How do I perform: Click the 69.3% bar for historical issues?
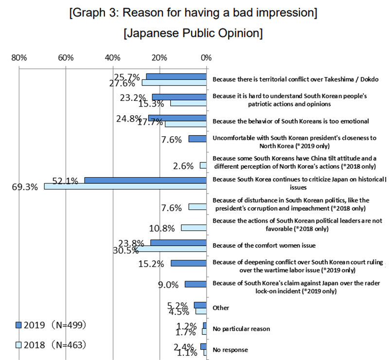[125, 186]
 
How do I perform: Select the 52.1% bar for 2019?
[145, 180]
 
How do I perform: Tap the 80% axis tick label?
[19, 58]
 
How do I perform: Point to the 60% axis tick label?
[66, 58]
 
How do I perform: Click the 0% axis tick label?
[206, 58]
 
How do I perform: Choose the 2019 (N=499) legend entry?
[51, 324]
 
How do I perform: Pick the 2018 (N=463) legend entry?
[51, 345]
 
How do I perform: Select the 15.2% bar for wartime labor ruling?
[189, 263]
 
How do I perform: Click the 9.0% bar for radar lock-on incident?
[195, 284]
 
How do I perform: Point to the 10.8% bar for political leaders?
[194, 228]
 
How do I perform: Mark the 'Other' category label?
[221, 308]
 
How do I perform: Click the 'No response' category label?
[230, 350]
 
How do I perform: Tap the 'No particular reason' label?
[241, 329]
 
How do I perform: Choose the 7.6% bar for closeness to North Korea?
[197, 139]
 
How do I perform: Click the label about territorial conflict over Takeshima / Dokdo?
[295, 79]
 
